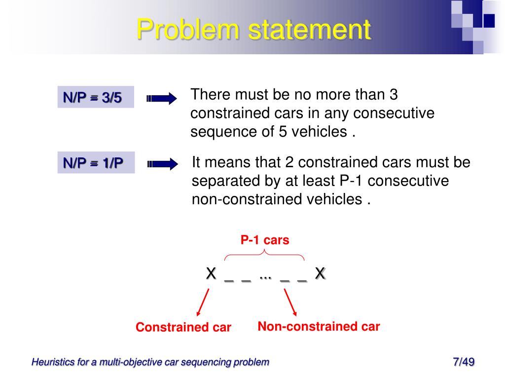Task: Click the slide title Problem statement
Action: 253,29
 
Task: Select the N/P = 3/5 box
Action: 95,97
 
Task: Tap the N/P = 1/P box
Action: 96,162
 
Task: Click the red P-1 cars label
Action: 265,240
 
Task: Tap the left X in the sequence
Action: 211,273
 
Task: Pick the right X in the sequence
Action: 320,273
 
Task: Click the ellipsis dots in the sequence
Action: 265,277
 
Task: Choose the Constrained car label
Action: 183,327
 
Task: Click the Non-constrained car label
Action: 319,326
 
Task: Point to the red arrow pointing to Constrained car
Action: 203,302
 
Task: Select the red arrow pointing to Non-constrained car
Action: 290,302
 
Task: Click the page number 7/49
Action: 463,362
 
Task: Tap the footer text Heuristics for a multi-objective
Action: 150,362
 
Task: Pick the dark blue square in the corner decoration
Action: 489,20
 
